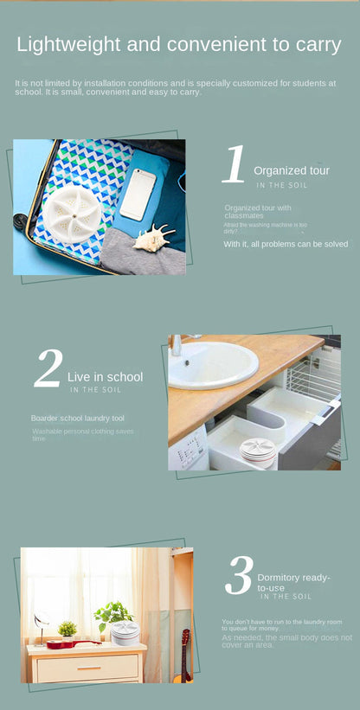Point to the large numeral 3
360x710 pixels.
(x=238, y=576)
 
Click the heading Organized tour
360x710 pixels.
(x=291, y=171)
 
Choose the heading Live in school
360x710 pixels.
(x=105, y=377)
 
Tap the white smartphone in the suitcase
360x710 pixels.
(x=138, y=194)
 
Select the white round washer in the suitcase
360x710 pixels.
(x=72, y=211)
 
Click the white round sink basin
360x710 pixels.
(x=212, y=365)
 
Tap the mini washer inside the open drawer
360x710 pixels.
(x=257, y=450)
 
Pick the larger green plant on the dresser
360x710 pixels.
(x=112, y=615)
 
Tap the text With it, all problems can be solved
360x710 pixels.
(x=286, y=245)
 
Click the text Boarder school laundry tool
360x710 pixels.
(x=78, y=419)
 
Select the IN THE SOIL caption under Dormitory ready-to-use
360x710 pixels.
(x=286, y=597)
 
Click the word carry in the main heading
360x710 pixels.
(x=312, y=44)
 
